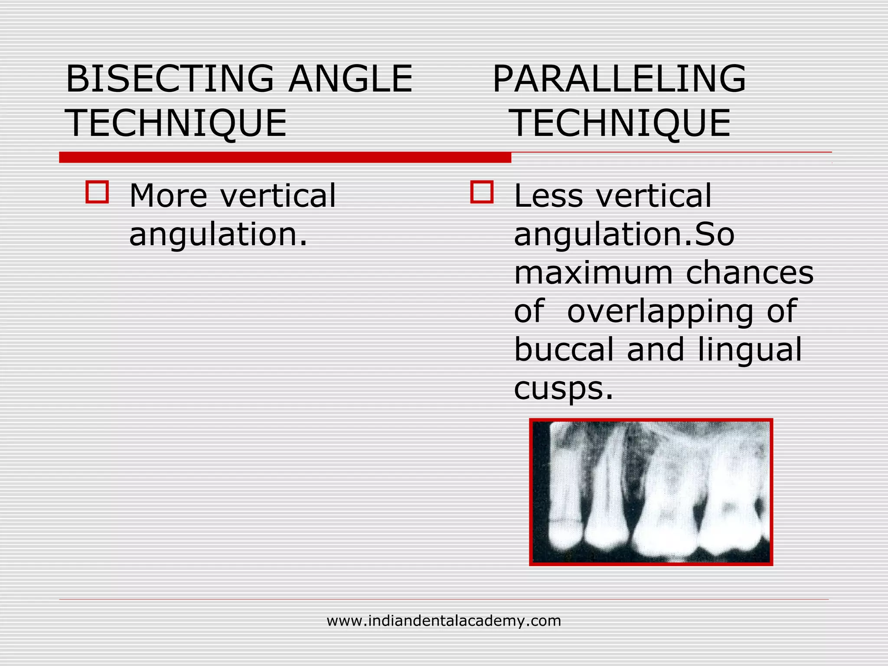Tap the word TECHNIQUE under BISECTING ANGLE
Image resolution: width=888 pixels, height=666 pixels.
(176, 123)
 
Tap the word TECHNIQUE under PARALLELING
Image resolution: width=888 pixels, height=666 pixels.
(621, 123)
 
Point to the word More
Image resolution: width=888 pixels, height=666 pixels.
(168, 196)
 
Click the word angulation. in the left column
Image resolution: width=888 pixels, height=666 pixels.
(218, 234)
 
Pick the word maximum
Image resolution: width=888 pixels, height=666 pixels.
(593, 273)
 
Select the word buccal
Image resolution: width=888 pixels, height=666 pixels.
(564, 349)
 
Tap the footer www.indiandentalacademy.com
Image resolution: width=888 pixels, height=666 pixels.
(444, 621)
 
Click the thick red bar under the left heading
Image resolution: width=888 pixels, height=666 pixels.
(285, 157)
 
